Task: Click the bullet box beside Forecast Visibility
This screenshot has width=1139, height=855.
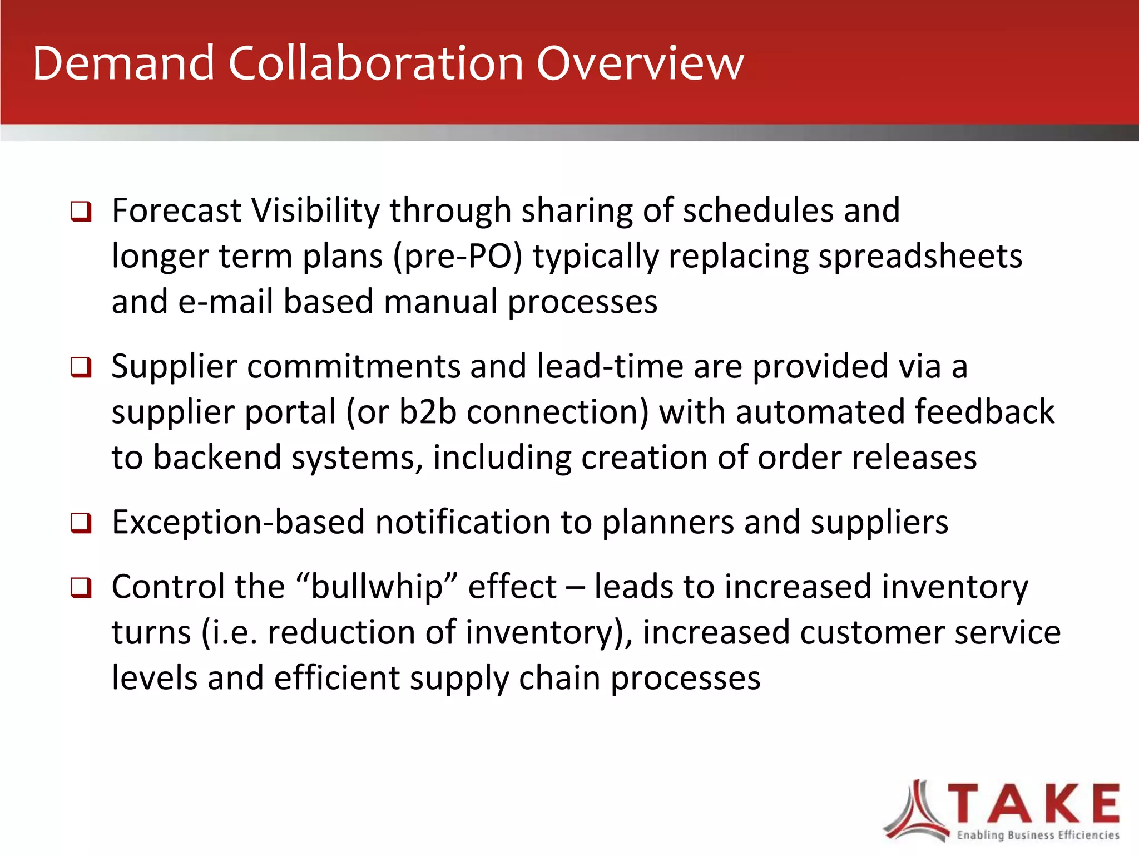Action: [x=81, y=212]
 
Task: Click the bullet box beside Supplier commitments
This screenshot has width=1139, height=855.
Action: [x=81, y=367]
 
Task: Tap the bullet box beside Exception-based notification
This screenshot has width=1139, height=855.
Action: [x=81, y=523]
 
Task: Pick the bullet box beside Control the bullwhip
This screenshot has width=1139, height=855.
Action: [x=81, y=588]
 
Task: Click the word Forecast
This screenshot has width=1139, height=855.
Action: [x=176, y=211]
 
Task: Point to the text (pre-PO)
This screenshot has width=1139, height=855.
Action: [x=458, y=257]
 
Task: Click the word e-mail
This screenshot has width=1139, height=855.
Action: [x=226, y=302]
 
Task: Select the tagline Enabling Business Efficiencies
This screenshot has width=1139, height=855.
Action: [x=1038, y=835]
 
